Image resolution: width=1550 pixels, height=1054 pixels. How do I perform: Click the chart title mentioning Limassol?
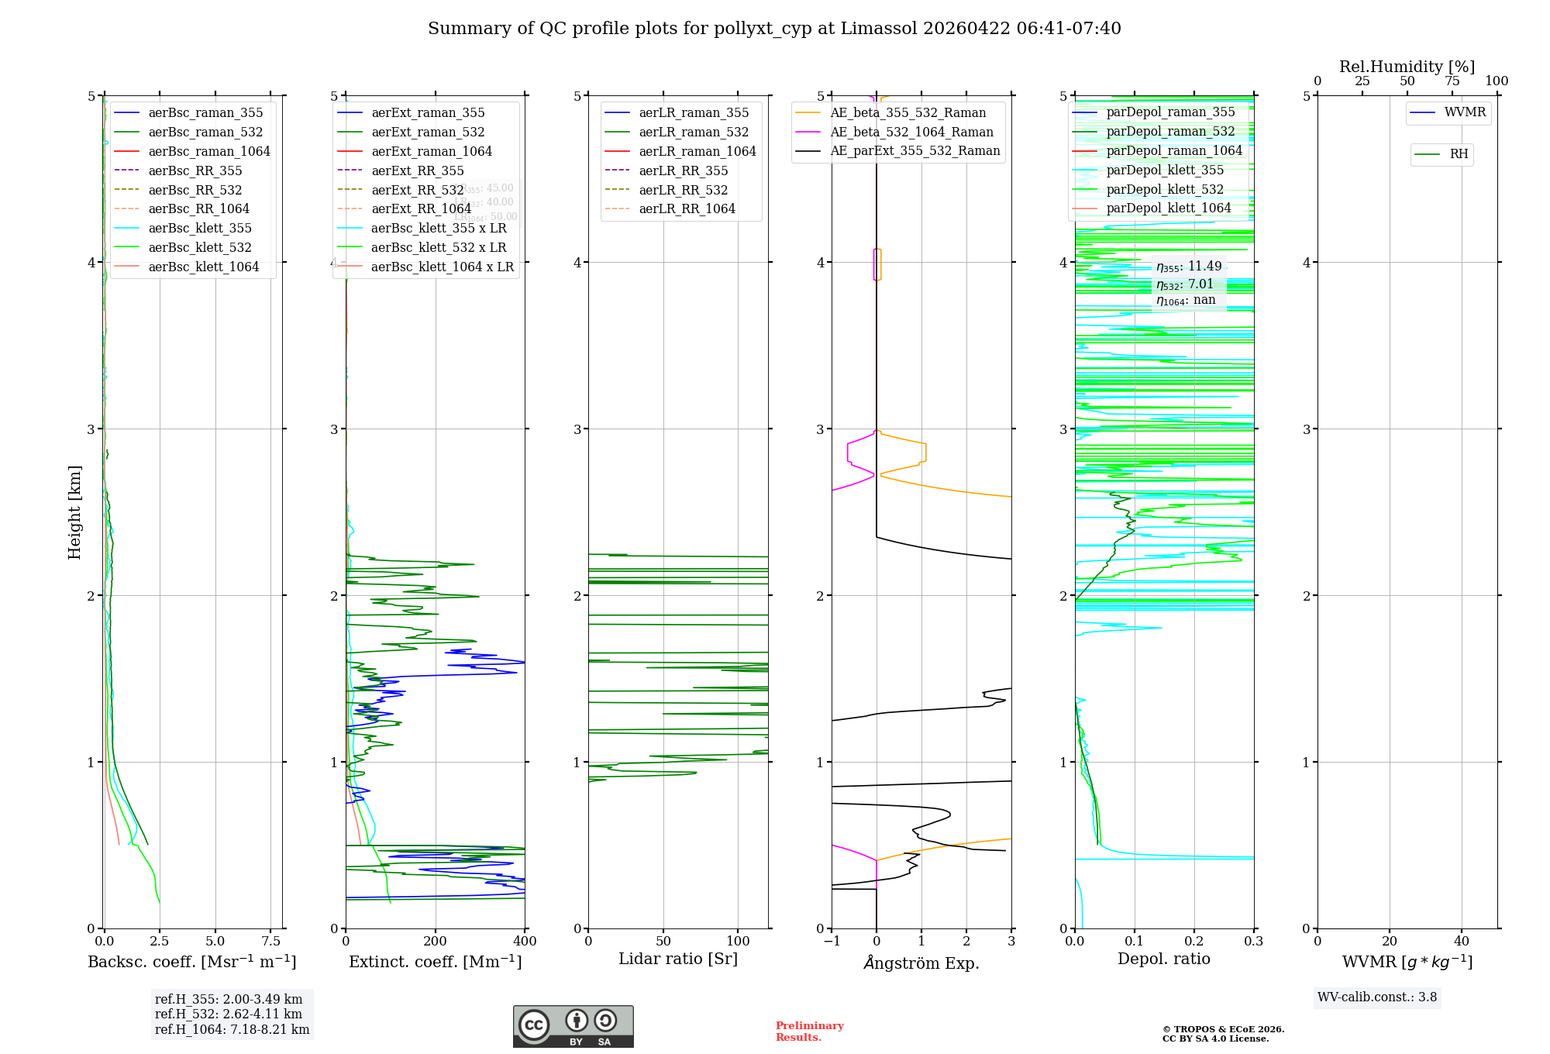point(774,29)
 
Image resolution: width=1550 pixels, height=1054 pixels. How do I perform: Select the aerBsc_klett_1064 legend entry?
point(203,267)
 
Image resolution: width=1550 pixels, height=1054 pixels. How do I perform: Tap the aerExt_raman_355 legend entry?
point(428,112)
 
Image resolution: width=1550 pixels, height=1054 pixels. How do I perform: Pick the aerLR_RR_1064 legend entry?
point(687,208)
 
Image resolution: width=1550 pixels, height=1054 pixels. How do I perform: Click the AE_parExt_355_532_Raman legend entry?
point(914,150)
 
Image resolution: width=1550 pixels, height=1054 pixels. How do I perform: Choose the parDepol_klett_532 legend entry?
point(1164,189)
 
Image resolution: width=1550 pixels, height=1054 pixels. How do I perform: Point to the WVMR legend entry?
point(1465,112)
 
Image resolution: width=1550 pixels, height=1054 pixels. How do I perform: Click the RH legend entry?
point(1459,154)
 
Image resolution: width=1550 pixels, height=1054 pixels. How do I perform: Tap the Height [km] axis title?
point(74,511)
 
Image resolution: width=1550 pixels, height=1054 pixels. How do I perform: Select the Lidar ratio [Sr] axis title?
point(678,959)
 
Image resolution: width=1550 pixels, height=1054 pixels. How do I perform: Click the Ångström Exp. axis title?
point(921,963)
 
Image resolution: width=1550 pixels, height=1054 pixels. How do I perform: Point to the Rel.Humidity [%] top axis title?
point(1407,67)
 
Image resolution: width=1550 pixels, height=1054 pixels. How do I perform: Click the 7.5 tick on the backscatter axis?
point(270,942)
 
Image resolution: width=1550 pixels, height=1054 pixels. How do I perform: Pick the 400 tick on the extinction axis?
point(525,942)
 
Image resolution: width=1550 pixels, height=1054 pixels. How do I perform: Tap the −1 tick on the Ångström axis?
point(832,942)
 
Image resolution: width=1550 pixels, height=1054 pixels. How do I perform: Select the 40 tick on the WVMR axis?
point(1462,942)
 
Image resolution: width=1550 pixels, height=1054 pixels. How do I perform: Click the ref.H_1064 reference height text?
point(232,1030)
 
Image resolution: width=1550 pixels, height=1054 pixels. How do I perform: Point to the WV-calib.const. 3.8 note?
point(1377,997)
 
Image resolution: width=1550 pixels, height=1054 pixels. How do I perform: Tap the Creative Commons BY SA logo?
point(573,1027)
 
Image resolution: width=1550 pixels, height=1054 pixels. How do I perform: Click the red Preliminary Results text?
point(809,1032)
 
